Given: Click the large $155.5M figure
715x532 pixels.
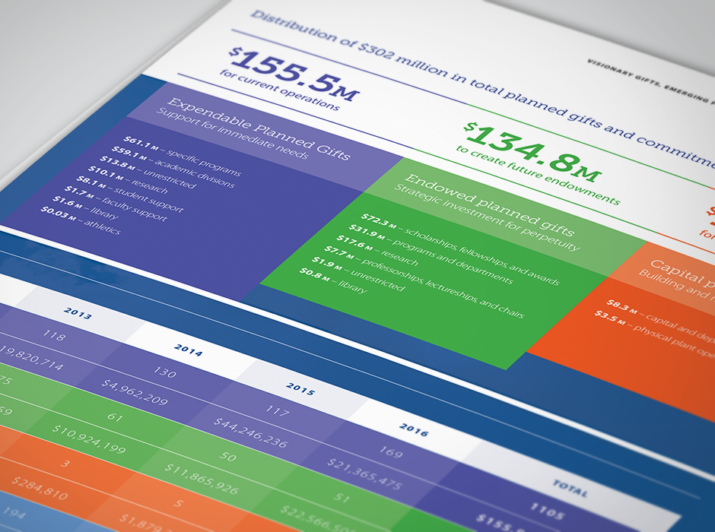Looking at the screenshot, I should [x=294, y=73].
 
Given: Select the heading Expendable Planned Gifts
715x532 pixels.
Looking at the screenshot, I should [x=259, y=130].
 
